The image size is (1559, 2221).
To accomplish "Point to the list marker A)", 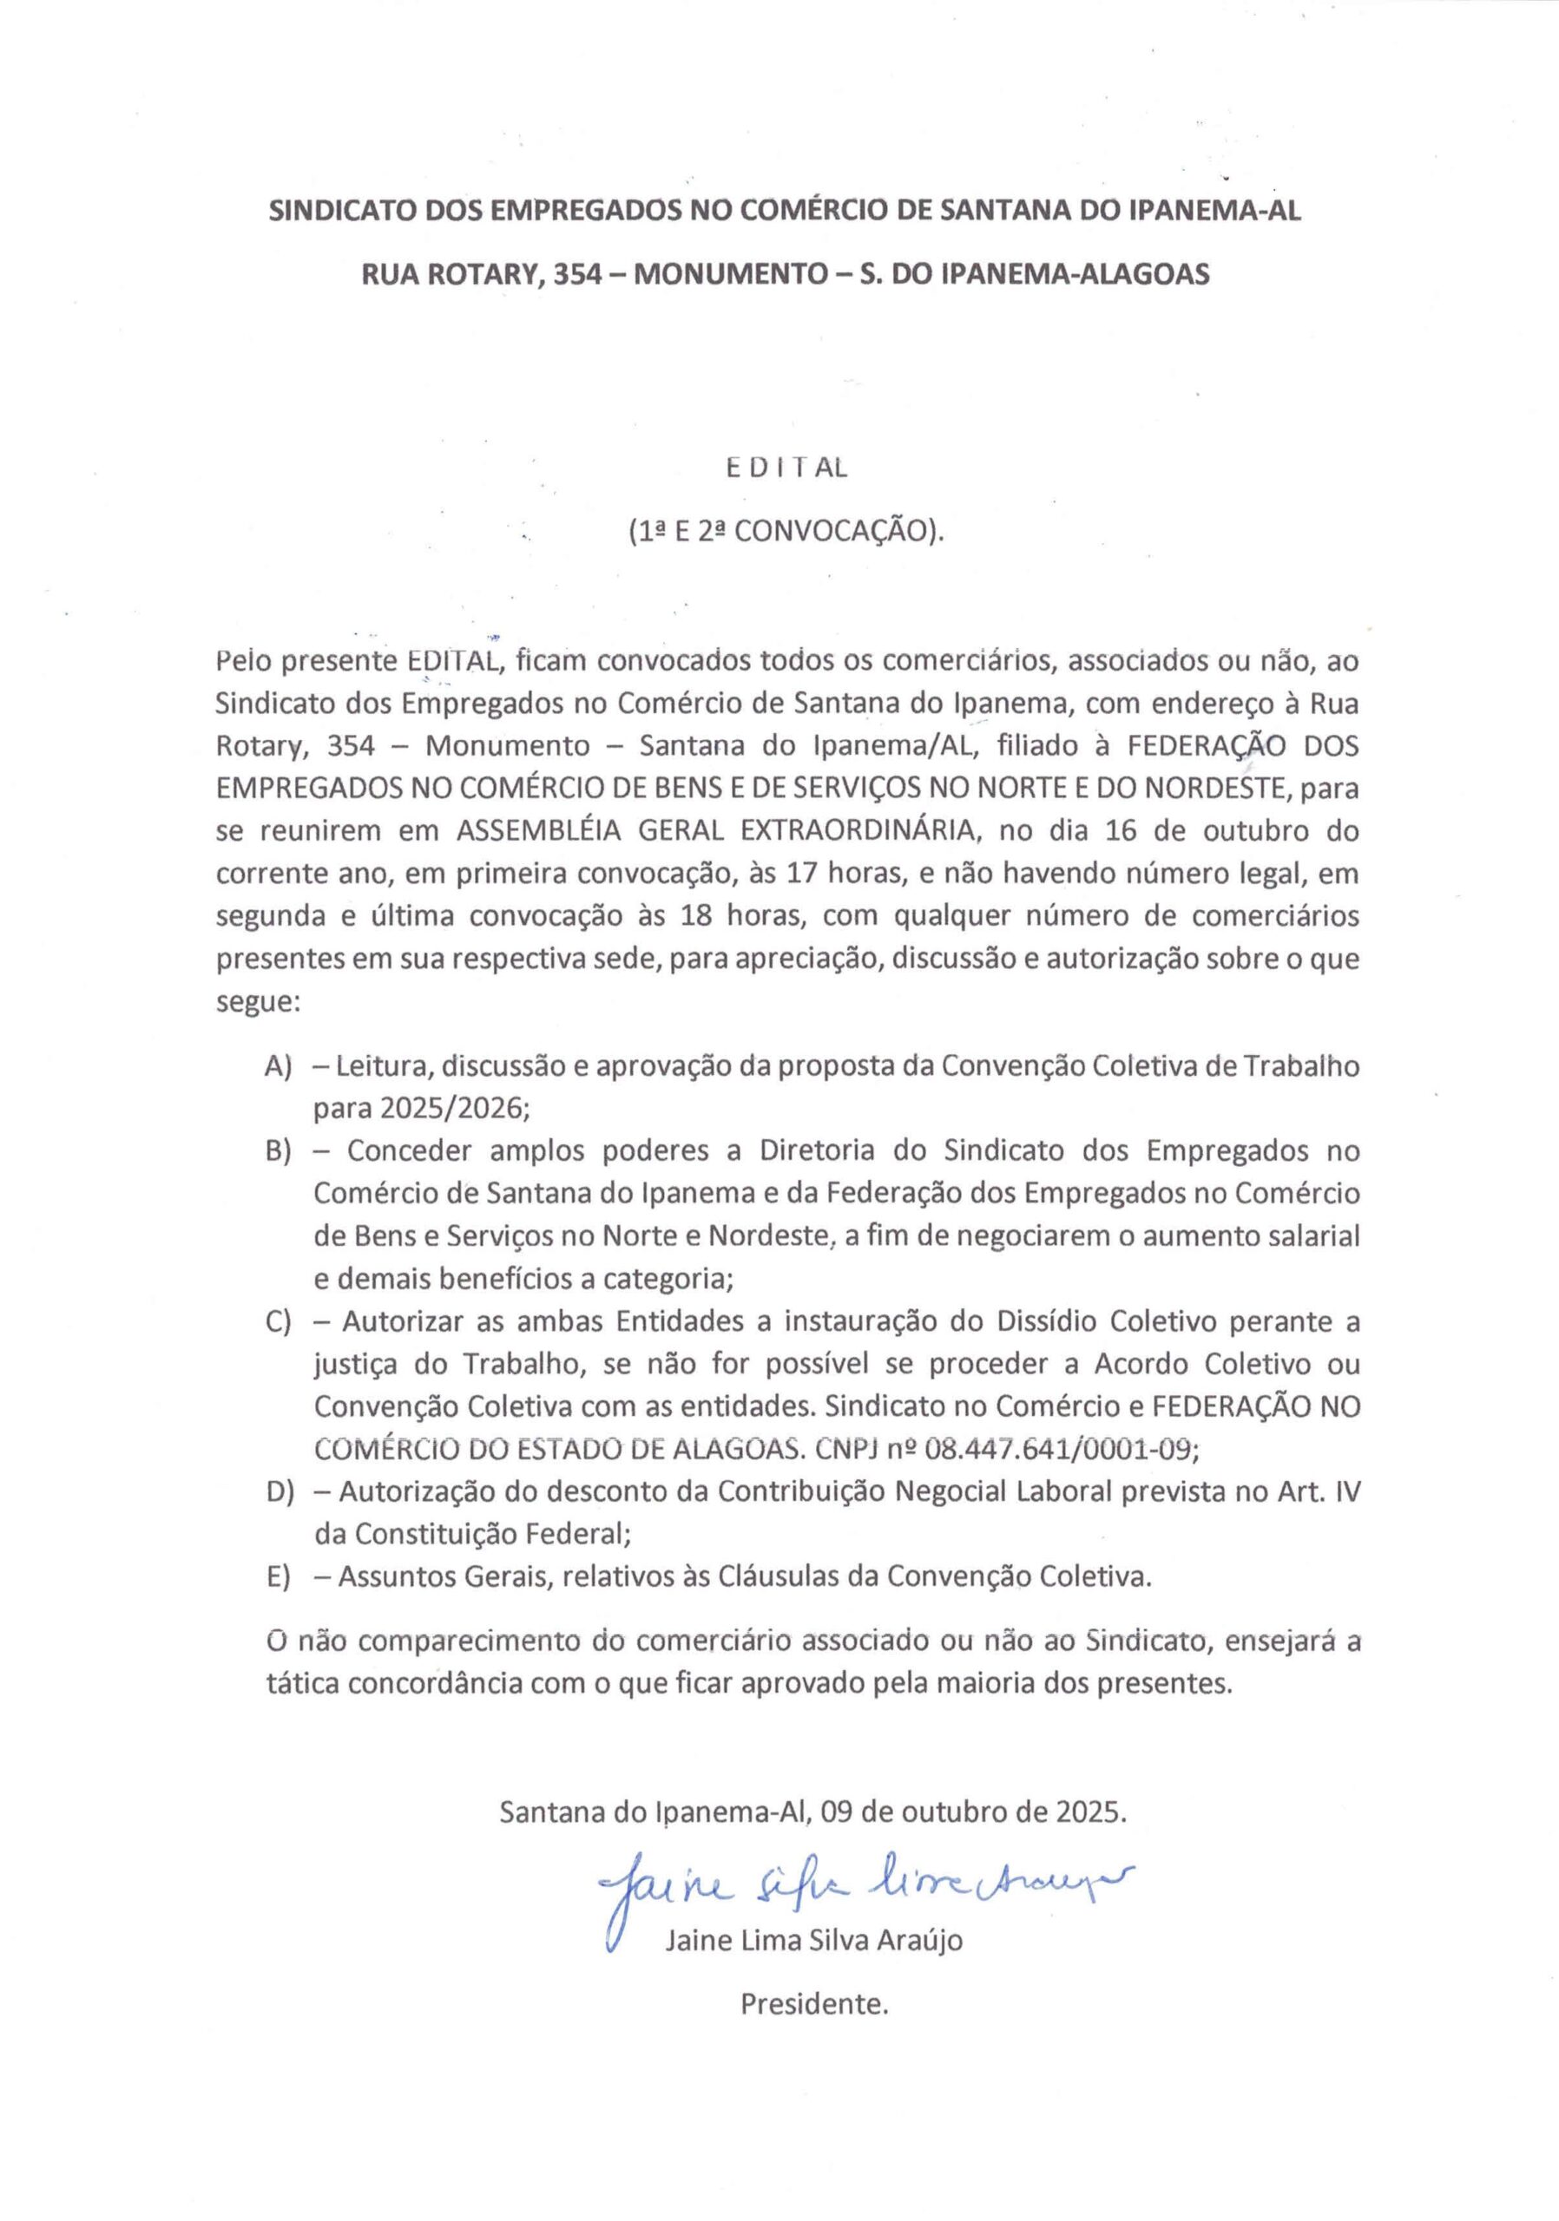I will (279, 1066).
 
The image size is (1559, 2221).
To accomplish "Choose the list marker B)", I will (279, 1151).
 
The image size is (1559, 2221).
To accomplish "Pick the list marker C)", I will (279, 1321).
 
